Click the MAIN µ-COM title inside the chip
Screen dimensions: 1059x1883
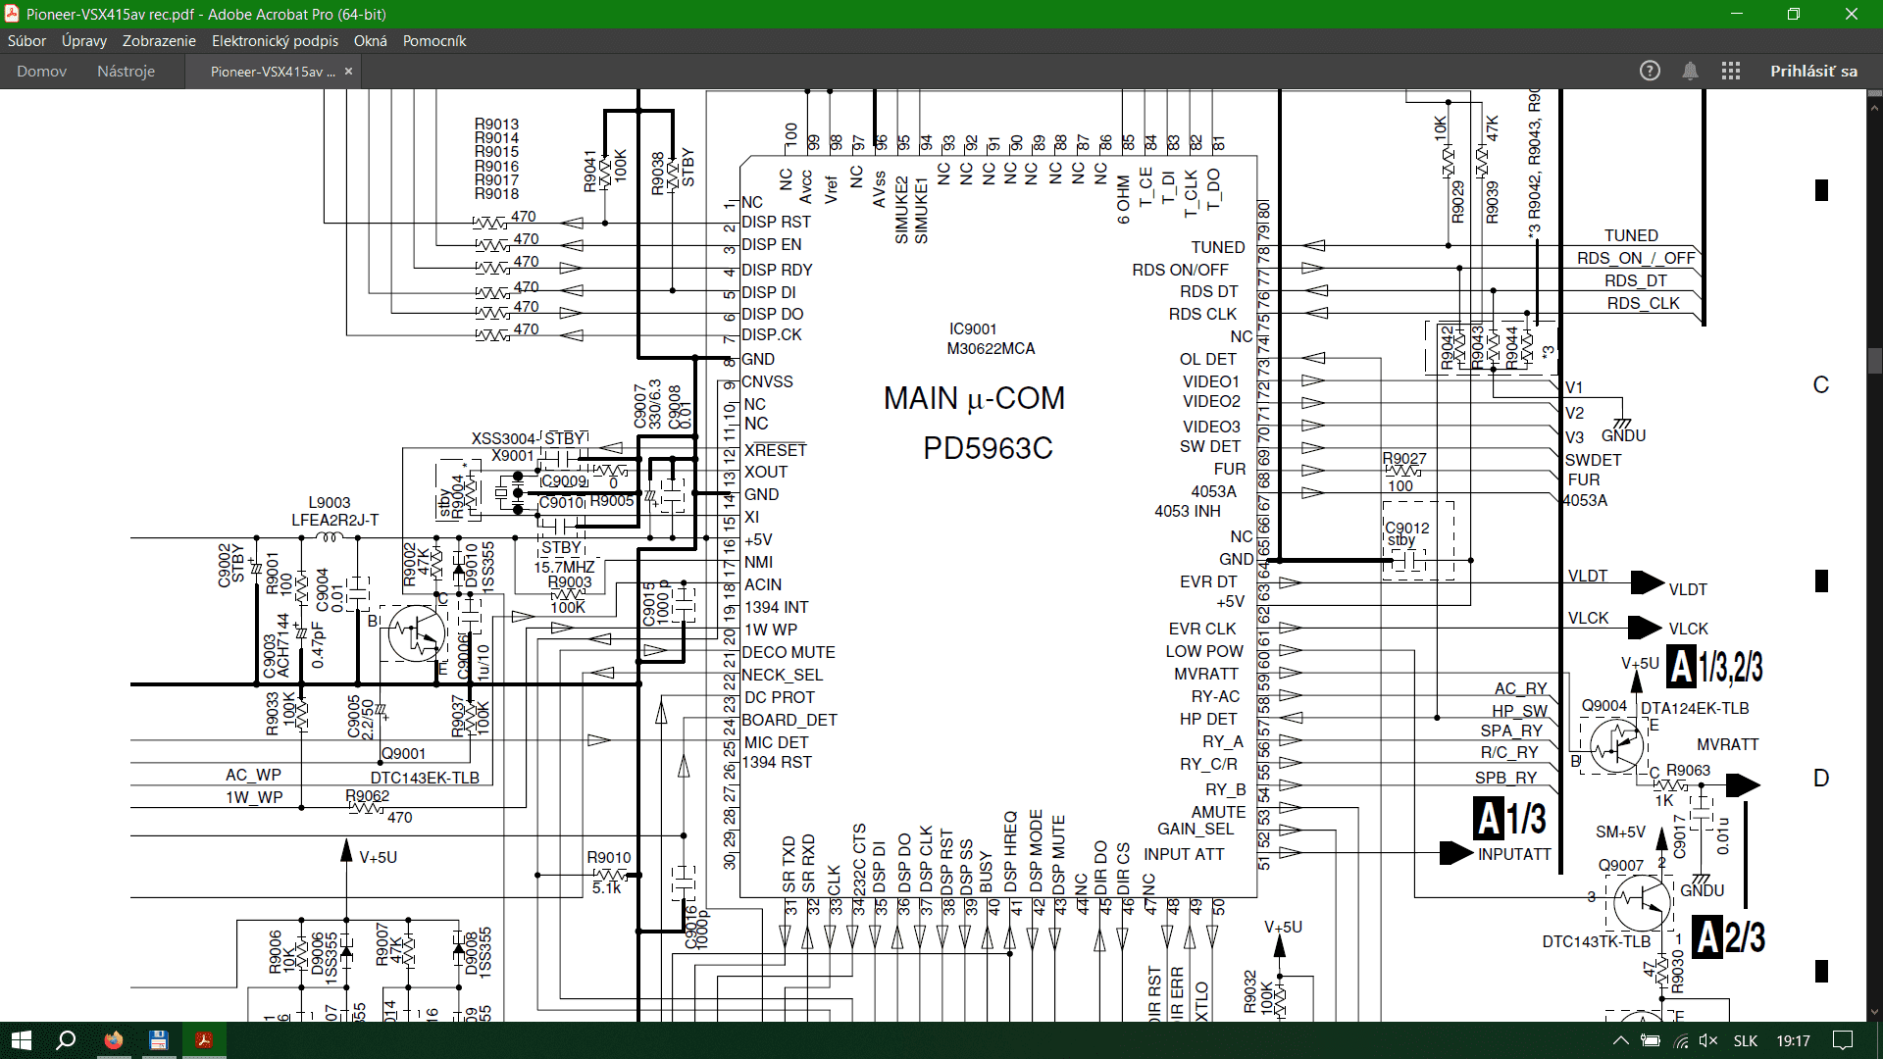pos(974,398)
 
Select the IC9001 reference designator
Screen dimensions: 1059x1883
pos(973,328)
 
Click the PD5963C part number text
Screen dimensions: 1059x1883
pos(988,448)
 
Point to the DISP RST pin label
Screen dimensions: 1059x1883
pos(776,223)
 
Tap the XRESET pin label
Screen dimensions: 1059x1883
pos(775,450)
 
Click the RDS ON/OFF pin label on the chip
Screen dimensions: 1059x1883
pos(1180,270)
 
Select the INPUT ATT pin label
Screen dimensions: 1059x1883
pos(1184,854)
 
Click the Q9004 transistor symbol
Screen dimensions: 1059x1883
pos(1615,746)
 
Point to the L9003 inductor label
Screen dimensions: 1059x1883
pos(330,502)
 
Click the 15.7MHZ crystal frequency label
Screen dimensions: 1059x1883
pos(564,567)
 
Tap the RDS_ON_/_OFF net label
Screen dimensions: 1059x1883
pos(1636,258)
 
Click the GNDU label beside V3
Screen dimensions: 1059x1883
pos(1623,435)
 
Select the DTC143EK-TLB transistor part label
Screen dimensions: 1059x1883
pos(425,778)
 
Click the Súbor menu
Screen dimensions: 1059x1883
pos(26,41)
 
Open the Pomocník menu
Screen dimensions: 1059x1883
pos(433,41)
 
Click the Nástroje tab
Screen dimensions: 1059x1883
pos(126,72)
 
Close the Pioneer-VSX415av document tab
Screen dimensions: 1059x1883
pos(348,72)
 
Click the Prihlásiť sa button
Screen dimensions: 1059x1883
pos(1813,72)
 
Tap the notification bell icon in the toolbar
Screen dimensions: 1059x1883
pos(1690,72)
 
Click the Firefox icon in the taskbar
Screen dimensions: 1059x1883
pos(114,1040)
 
